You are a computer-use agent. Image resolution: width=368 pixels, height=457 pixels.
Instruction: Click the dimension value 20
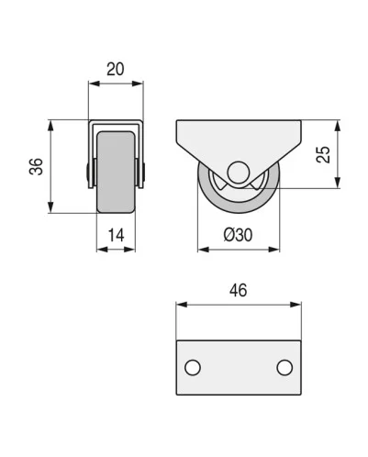point(116,69)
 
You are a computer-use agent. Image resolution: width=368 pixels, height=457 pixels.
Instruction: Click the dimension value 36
point(36,166)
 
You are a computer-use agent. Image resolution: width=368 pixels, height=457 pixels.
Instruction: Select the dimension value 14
point(117,236)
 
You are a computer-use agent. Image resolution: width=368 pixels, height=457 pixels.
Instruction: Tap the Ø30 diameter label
point(238,235)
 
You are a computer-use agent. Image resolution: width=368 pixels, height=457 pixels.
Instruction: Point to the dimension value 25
point(323,154)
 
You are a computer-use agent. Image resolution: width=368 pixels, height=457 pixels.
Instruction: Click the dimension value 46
point(239,290)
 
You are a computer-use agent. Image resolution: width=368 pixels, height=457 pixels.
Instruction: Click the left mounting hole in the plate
point(193,367)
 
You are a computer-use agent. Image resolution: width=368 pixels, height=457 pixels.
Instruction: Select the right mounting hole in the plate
point(284,367)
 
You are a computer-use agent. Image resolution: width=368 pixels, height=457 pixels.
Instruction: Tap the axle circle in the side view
point(239,173)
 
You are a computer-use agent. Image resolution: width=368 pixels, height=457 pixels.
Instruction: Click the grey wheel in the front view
point(116,172)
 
